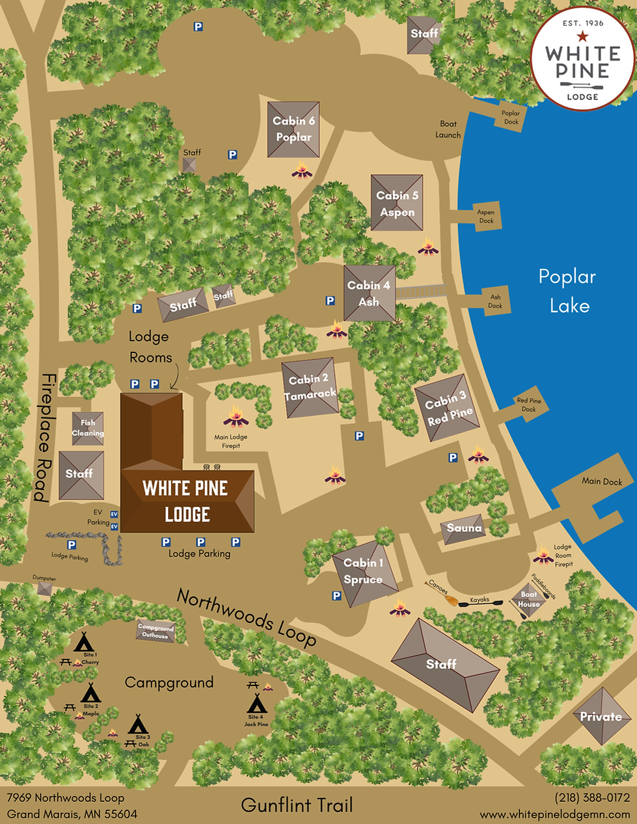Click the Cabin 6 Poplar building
click(x=293, y=129)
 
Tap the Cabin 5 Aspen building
click(x=397, y=203)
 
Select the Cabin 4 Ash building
click(x=369, y=293)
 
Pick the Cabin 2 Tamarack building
click(x=310, y=388)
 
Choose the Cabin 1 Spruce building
click(x=364, y=571)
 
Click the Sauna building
click(x=464, y=529)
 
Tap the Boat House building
click(x=528, y=600)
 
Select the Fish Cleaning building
click(x=88, y=428)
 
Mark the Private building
click(x=601, y=716)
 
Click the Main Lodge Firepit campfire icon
click(x=236, y=416)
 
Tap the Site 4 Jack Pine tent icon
click(x=256, y=703)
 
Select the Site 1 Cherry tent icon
click(x=84, y=643)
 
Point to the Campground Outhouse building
click(x=156, y=631)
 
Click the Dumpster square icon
click(x=44, y=589)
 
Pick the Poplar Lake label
click(x=567, y=291)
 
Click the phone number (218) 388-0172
click(x=591, y=798)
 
